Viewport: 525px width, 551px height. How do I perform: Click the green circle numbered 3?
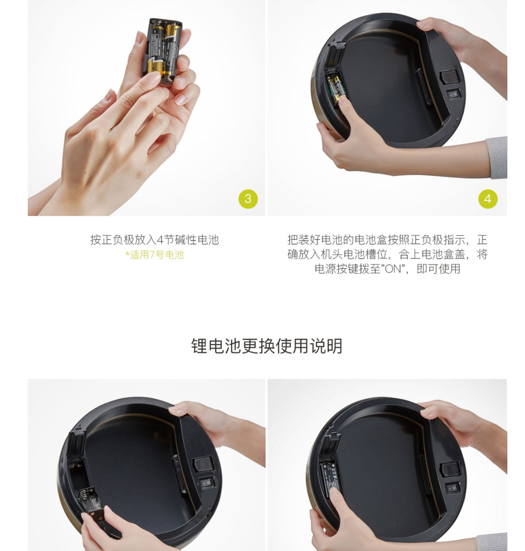248,199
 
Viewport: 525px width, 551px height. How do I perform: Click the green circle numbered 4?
488,199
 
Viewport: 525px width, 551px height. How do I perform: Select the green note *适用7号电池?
155,255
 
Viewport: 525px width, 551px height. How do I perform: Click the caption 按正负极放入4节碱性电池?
155,240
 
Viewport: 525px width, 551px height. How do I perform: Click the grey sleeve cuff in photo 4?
496,157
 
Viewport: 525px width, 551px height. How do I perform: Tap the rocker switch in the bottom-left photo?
207,482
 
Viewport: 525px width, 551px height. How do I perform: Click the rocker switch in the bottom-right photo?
453,488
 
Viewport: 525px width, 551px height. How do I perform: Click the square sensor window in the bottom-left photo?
203,464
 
